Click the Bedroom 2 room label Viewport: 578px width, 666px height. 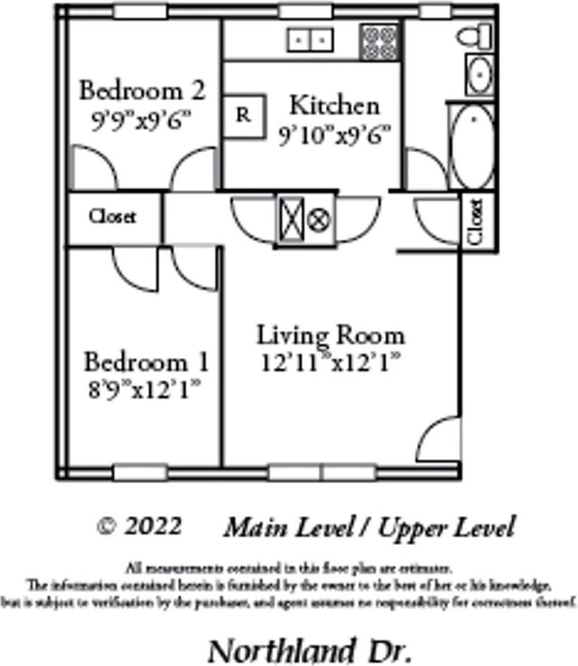(x=142, y=90)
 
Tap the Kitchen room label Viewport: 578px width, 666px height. (x=334, y=106)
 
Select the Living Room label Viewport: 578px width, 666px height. (x=331, y=335)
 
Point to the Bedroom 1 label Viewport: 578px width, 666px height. (x=146, y=362)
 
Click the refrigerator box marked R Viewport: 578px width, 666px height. (x=243, y=115)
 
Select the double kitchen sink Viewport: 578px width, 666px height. (x=310, y=40)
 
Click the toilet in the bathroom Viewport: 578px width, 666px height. (x=476, y=37)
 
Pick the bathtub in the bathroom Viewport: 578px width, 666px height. (x=472, y=145)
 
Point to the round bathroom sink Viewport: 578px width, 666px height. (x=478, y=74)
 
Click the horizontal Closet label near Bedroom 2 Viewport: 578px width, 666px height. (x=113, y=217)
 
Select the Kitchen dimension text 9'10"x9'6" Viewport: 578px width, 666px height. (x=335, y=136)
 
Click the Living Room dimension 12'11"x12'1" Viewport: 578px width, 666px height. (x=331, y=362)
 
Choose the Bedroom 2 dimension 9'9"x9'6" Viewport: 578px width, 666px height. (x=141, y=120)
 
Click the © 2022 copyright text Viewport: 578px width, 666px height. (x=139, y=526)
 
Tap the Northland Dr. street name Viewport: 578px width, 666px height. (x=310, y=651)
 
